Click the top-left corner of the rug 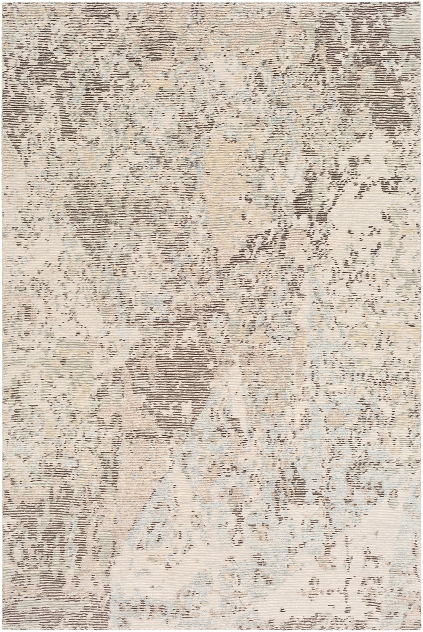2,2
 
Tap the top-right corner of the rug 421,2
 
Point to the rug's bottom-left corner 2,630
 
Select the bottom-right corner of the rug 421,630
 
